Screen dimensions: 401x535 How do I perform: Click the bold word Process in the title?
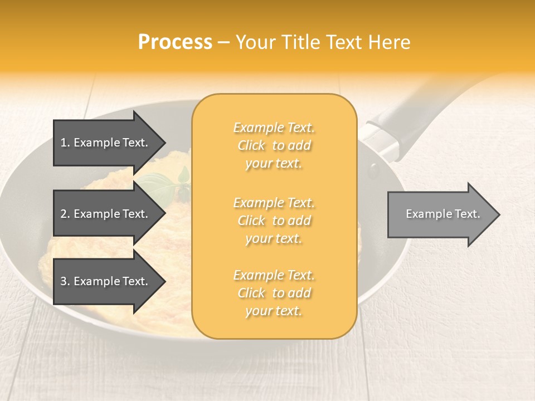click(175, 42)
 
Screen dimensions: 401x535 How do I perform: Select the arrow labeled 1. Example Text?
click(106, 143)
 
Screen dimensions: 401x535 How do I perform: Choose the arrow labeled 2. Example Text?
click(106, 214)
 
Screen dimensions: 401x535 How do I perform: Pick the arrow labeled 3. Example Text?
click(106, 281)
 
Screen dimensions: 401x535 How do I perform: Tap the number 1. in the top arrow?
click(65, 143)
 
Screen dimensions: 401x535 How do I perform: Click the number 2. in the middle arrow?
click(65, 214)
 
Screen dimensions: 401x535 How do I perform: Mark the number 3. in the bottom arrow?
click(65, 281)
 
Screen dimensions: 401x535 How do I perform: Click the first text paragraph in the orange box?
click(274, 145)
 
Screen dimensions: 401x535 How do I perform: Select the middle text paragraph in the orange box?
click(274, 221)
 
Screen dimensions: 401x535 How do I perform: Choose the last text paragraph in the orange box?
click(274, 293)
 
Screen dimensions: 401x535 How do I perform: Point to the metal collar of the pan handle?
click(381, 140)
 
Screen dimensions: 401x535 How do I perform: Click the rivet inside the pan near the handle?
click(373, 169)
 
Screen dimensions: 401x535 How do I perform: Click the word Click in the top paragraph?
click(252, 145)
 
